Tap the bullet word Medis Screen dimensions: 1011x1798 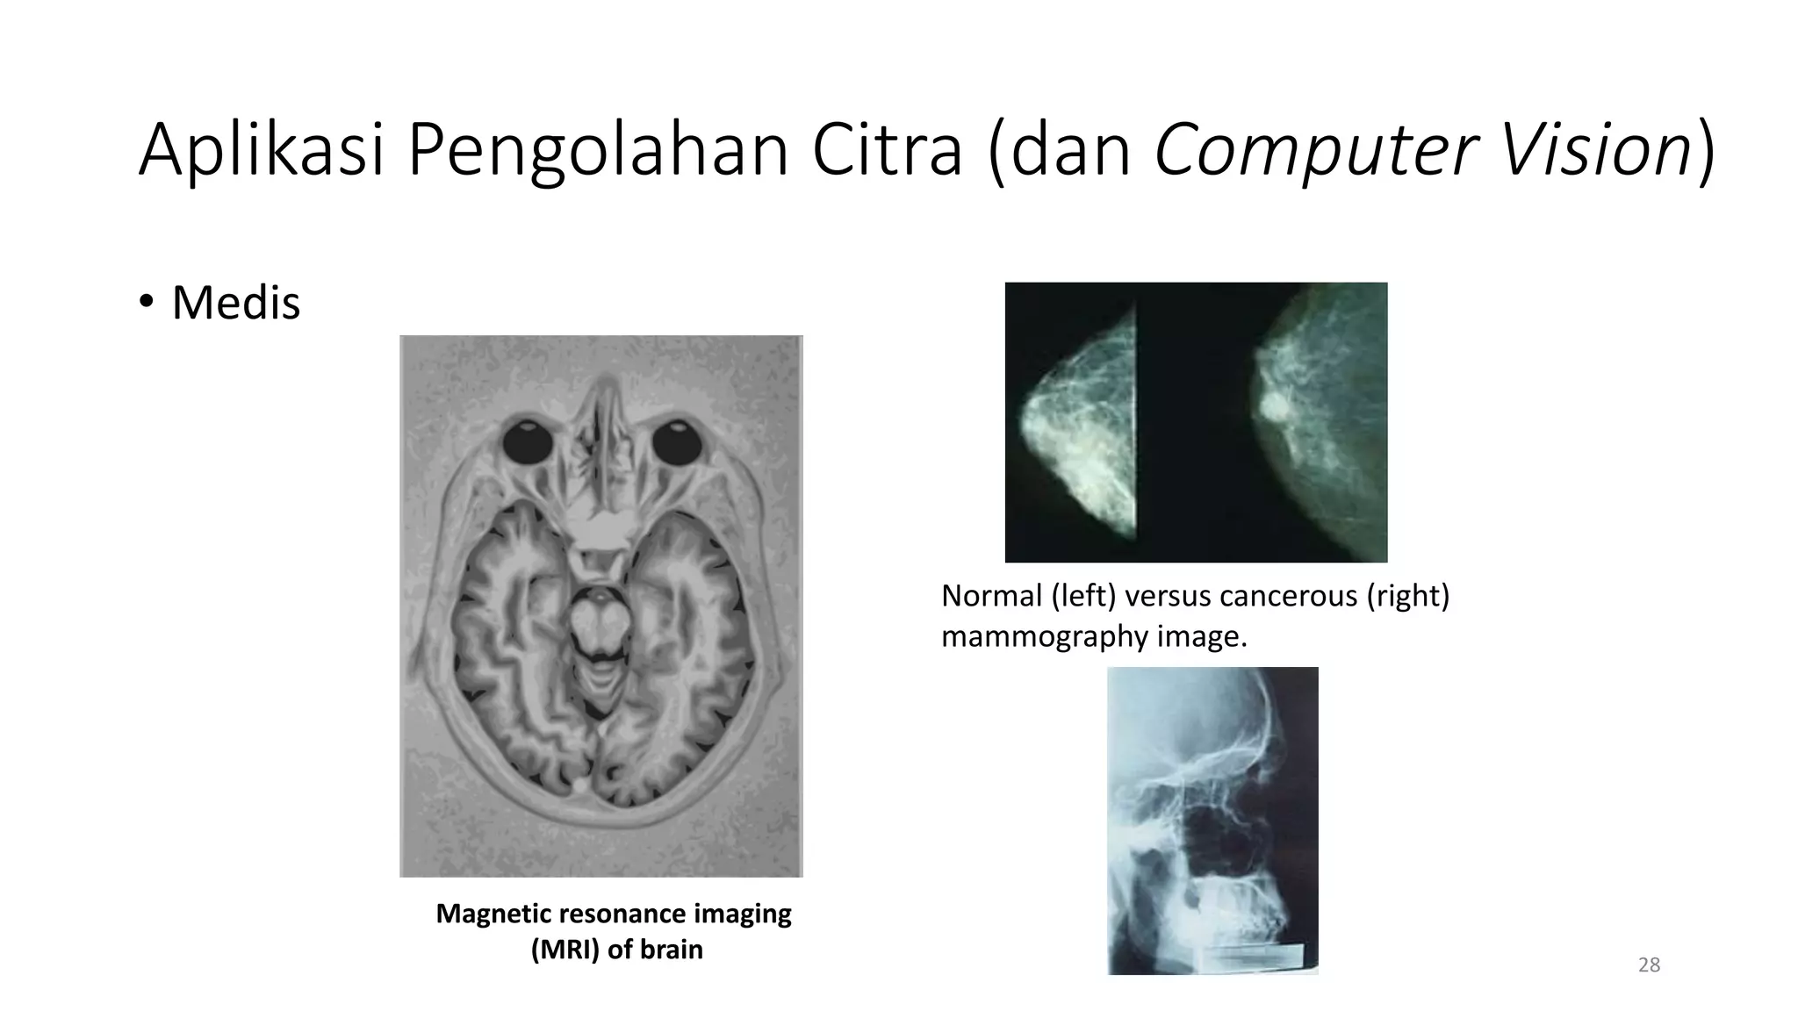click(235, 303)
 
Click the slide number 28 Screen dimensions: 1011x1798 click(1649, 965)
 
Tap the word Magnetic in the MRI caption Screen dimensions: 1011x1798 click(493, 914)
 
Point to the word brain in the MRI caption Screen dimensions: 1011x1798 click(671, 950)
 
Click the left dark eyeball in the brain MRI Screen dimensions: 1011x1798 click(528, 441)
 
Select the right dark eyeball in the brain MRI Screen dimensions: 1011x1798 click(676, 441)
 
